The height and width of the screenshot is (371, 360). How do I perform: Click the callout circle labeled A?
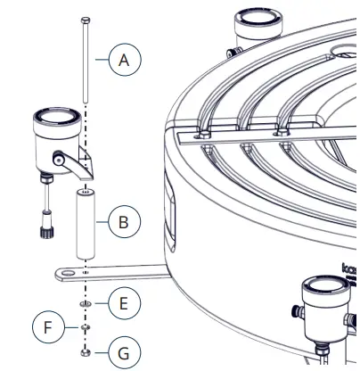tap(125, 60)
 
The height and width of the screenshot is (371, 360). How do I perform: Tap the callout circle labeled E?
tap(125, 304)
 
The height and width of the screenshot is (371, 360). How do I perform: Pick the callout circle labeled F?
tap(49, 327)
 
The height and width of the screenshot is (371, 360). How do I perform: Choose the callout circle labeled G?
tap(125, 352)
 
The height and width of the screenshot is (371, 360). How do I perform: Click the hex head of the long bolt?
tap(85, 20)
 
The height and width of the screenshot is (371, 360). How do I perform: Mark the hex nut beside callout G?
tap(85, 351)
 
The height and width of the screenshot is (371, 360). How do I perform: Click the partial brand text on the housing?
tap(348, 267)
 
